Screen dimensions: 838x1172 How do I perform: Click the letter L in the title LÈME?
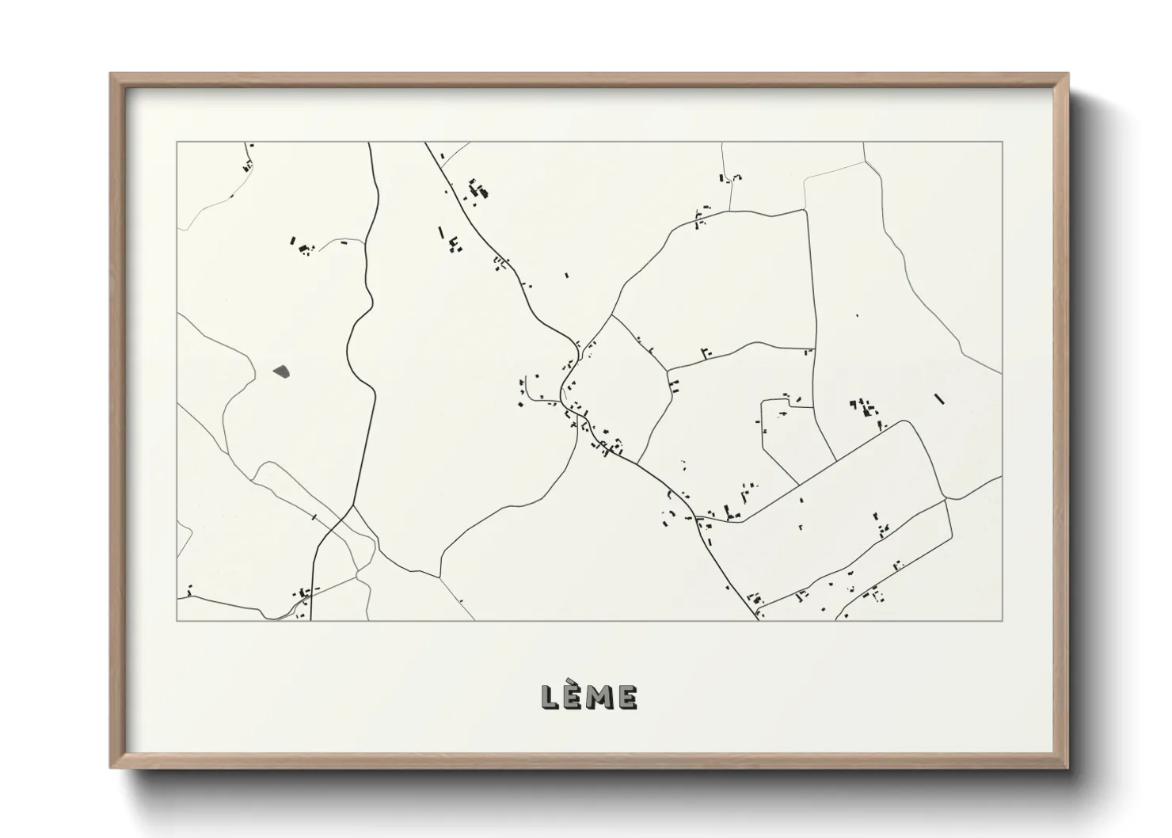pyautogui.click(x=550, y=697)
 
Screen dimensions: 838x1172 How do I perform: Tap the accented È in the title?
pyautogui.click(x=574, y=696)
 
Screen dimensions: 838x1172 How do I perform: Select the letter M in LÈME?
pyautogui.click(x=600, y=697)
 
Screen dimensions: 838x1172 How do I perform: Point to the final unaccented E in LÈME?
pyautogui.click(x=628, y=697)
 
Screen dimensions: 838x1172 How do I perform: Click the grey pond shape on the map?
pyautogui.click(x=281, y=370)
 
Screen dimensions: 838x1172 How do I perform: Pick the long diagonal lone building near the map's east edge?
pyautogui.click(x=940, y=398)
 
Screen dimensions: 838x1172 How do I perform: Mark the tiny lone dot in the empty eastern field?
pyautogui.click(x=857, y=315)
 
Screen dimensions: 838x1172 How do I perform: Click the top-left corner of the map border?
pyautogui.click(x=177, y=143)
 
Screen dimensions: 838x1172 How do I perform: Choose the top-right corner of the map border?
pyautogui.click(x=1003, y=143)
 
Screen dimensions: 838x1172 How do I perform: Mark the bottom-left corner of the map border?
pyautogui.click(x=177, y=620)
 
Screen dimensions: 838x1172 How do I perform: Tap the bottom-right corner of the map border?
pyautogui.click(x=1003, y=620)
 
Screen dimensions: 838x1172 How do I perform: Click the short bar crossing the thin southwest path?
pyautogui.click(x=314, y=517)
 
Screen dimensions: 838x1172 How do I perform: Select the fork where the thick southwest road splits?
pyautogui.click(x=351, y=507)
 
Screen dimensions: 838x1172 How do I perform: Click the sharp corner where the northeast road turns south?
pyautogui.click(x=805, y=211)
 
